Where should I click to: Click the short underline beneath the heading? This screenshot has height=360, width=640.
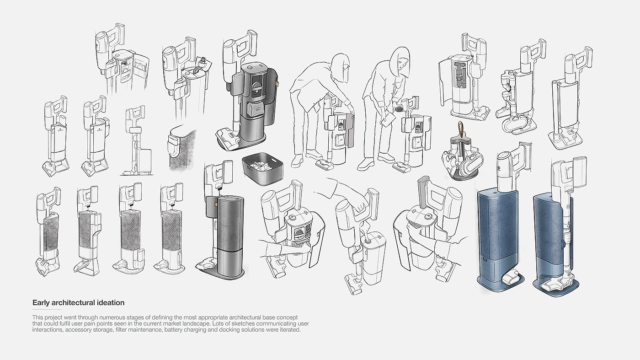click(x=47, y=309)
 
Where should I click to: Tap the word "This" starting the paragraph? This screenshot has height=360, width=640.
click(x=37, y=317)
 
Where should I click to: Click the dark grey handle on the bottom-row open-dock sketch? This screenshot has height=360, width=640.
click(x=423, y=191)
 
